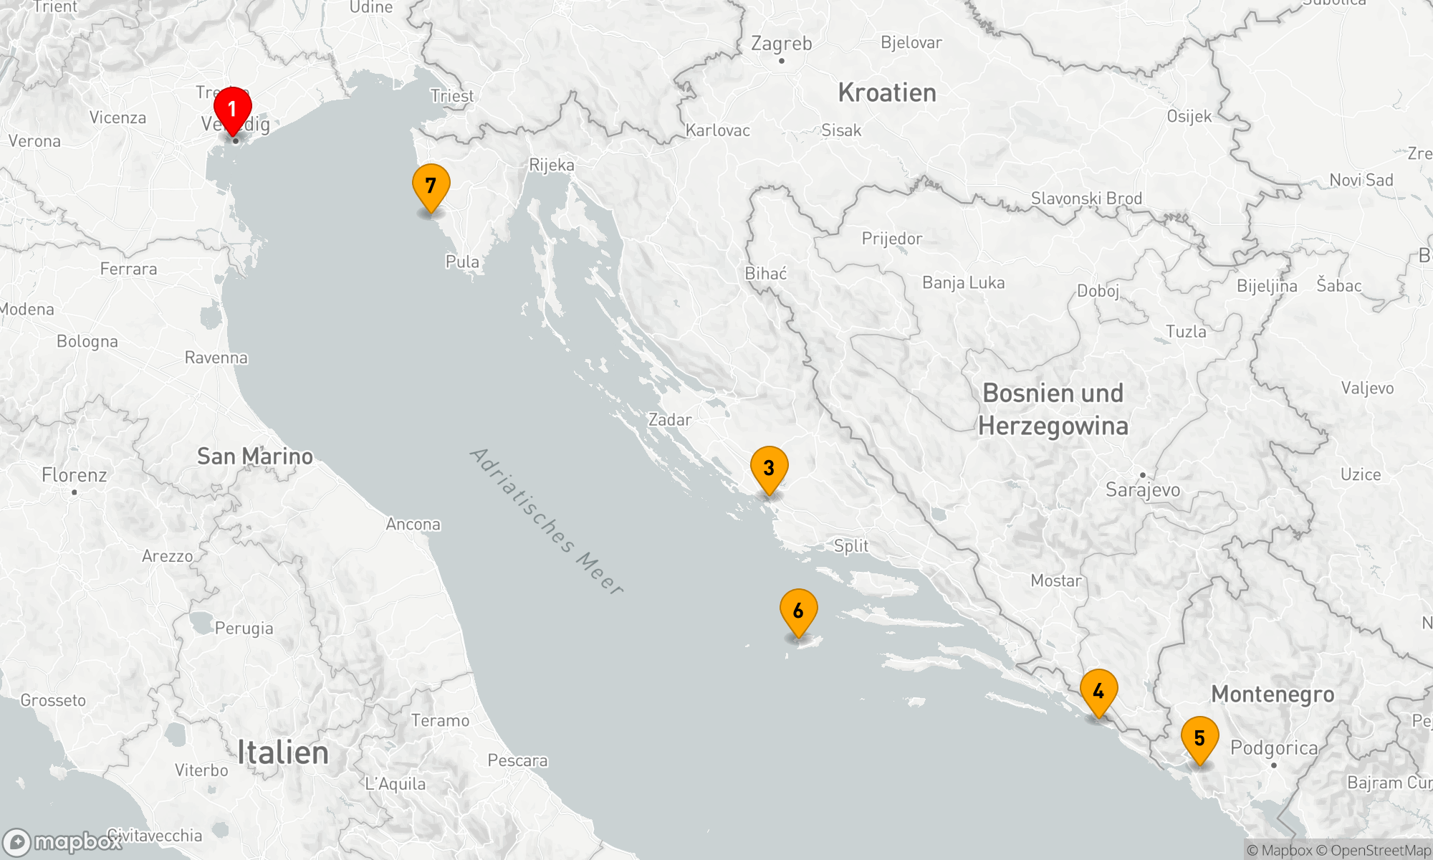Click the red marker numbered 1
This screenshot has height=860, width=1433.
[x=232, y=110]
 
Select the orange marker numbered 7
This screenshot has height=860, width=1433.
[x=431, y=186]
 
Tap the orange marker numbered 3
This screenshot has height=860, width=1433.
[x=769, y=469]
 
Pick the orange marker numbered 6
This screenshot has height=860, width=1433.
[x=798, y=611]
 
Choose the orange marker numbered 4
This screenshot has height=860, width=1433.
[x=1098, y=692]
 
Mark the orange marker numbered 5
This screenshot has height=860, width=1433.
[x=1199, y=739]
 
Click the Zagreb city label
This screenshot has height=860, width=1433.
[x=781, y=44]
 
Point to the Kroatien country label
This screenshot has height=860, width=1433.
[x=887, y=92]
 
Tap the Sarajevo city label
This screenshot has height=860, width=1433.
[x=1143, y=490]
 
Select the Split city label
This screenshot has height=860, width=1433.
[x=851, y=546]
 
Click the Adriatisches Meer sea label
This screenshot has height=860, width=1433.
[x=547, y=521]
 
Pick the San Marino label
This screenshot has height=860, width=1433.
[x=255, y=457]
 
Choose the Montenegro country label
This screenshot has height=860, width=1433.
[x=1273, y=694]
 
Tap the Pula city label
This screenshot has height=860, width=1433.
[x=462, y=262]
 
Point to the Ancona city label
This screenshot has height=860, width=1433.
[x=413, y=525]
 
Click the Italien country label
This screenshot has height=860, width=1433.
[x=283, y=752]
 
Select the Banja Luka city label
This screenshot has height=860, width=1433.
[x=963, y=283]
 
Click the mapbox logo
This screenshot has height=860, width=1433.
[x=63, y=842]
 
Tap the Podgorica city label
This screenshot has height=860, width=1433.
[x=1274, y=748]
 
